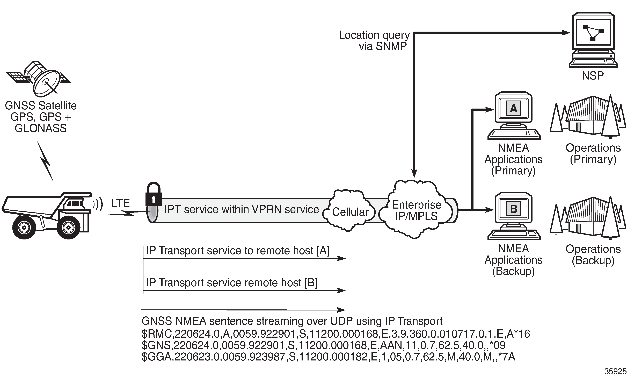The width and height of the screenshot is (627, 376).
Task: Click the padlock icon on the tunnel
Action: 153,194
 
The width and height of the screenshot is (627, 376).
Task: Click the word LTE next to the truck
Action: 120,203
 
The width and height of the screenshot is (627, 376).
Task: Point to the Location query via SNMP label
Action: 374,41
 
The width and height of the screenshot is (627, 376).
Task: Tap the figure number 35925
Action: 615,371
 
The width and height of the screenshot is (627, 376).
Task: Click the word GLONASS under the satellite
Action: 40,128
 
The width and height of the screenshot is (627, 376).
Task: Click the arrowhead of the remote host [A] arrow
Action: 342,258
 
